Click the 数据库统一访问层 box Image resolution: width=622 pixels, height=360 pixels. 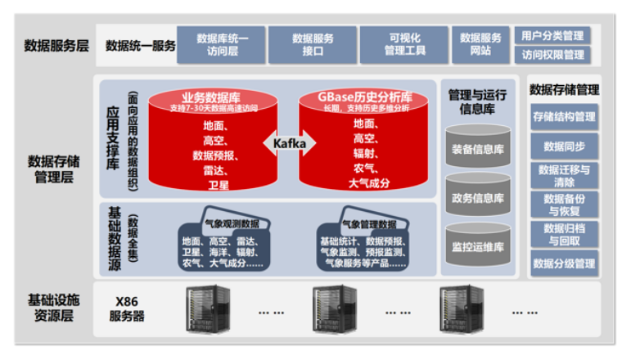pyautogui.click(x=222, y=44)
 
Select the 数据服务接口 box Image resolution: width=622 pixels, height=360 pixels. pyautogui.click(x=313, y=44)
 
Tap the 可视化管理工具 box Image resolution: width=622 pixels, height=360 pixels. pyautogui.click(x=405, y=44)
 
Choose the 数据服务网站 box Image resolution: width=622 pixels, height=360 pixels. pyautogui.click(x=481, y=44)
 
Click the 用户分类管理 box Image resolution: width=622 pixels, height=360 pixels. pyautogui.click(x=552, y=36)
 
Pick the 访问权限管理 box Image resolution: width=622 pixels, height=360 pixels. pyautogui.click(x=552, y=55)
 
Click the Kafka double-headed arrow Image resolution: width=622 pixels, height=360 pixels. pyautogui.click(x=290, y=144)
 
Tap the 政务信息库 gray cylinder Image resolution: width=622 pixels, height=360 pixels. pyautogui.click(x=477, y=199)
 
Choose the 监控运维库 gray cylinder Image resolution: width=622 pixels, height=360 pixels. pyautogui.click(x=477, y=246)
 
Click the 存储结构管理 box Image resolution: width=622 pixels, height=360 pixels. pyautogui.click(x=564, y=117)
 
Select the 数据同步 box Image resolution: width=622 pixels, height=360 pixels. pyautogui.click(x=564, y=146)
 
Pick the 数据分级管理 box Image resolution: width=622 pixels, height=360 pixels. pyautogui.click(x=564, y=263)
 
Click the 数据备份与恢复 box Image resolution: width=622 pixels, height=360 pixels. pyautogui.click(x=564, y=205)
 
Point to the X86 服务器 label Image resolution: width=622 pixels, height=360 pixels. pyautogui.click(x=128, y=308)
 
